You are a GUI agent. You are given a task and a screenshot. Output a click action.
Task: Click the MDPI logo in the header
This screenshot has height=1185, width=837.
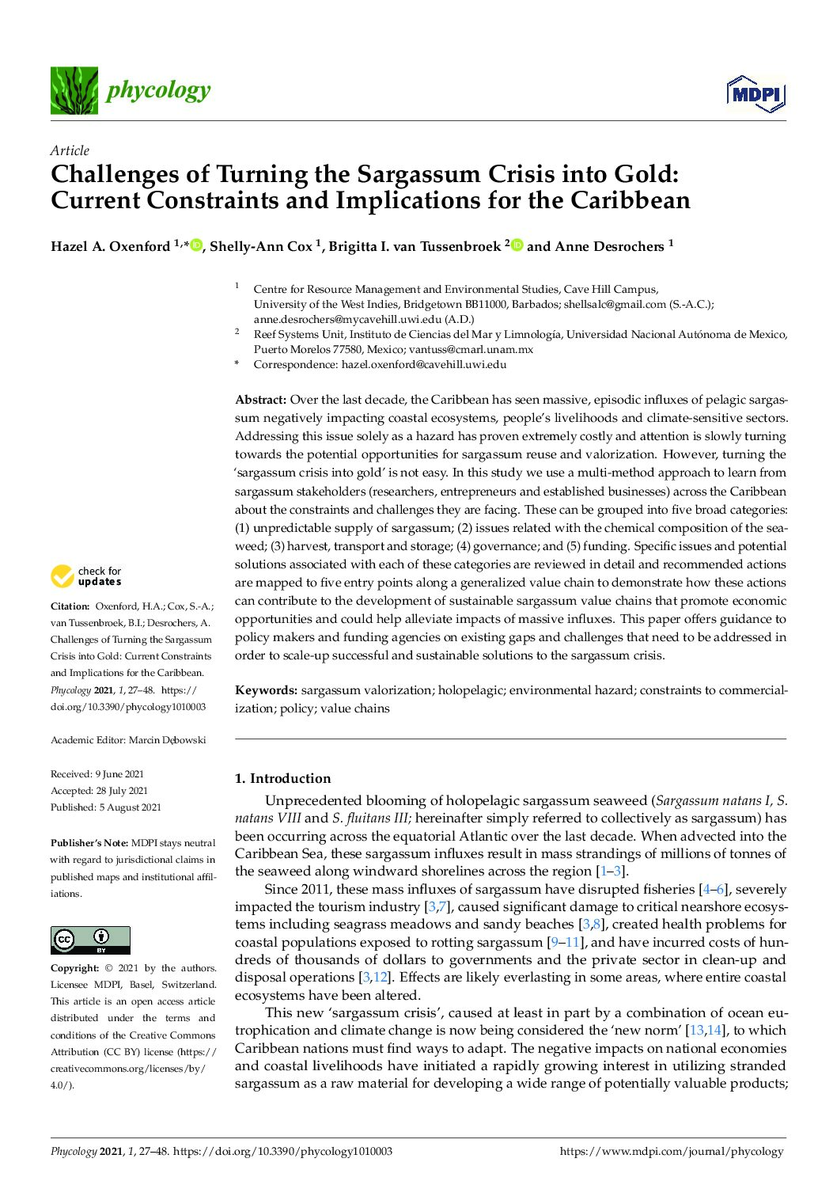[x=756, y=94]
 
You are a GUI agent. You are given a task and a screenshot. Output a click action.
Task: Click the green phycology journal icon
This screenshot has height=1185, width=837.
[x=74, y=90]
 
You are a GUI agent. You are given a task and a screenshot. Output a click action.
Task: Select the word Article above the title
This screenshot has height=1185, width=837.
[x=70, y=150]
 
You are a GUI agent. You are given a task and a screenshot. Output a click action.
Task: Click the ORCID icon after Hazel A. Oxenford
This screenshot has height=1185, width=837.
[x=196, y=245]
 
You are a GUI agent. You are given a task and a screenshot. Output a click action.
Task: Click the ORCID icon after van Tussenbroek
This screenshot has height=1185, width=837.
[x=517, y=245]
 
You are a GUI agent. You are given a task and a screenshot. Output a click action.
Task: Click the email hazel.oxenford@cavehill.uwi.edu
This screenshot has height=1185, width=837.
[x=423, y=365]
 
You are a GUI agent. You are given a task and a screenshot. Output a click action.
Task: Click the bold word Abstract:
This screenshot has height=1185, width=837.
[x=260, y=400]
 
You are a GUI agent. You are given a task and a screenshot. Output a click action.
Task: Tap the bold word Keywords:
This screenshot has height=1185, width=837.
[x=266, y=690]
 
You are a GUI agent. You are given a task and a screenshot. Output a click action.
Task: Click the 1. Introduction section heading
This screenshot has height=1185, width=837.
[x=282, y=778]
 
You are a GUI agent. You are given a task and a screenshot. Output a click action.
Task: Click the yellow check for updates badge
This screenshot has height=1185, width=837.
[x=85, y=576]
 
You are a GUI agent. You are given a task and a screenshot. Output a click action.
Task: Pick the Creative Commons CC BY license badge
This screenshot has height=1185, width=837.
[x=90, y=940]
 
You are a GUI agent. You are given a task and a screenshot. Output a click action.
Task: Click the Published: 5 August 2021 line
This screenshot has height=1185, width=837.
[x=105, y=807]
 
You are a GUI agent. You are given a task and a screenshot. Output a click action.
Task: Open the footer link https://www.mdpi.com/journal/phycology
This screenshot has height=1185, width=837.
[x=671, y=1152]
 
